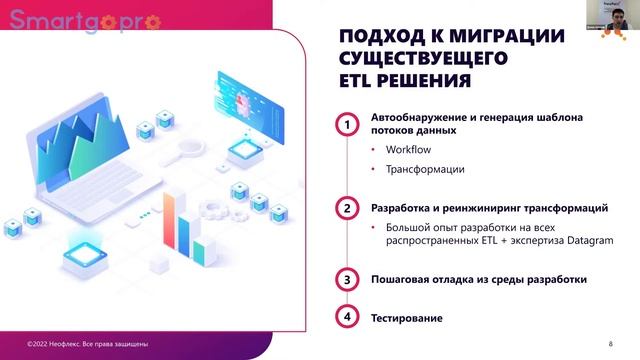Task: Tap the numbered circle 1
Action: click(x=346, y=125)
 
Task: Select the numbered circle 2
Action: click(x=346, y=209)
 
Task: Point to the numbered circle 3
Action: click(x=346, y=280)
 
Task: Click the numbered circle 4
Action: click(x=346, y=318)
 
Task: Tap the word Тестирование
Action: click(x=406, y=318)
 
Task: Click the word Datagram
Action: click(x=588, y=241)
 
